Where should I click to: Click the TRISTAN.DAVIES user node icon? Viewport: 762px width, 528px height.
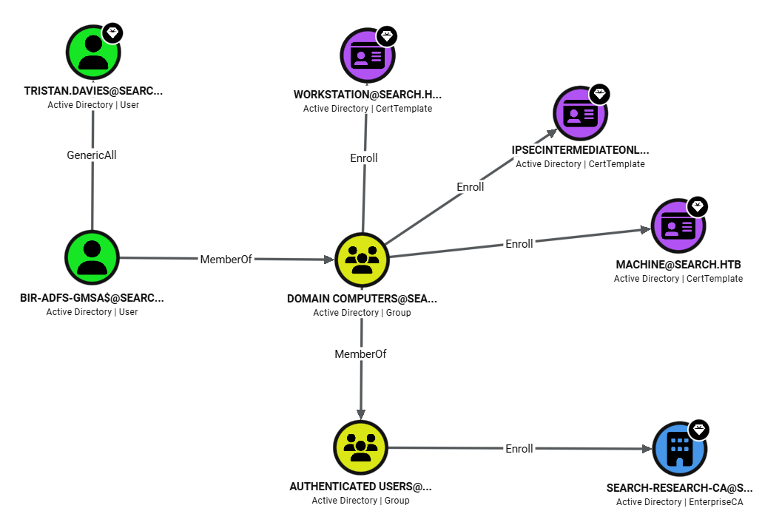(x=92, y=53)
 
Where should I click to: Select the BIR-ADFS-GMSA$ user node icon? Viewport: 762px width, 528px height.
(x=92, y=257)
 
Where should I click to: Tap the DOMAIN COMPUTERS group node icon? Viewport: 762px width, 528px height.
(x=362, y=260)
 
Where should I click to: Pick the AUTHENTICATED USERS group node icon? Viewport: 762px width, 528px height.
(x=360, y=448)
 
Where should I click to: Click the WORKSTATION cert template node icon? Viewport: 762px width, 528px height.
(x=368, y=56)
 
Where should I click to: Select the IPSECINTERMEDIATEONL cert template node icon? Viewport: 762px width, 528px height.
(x=580, y=114)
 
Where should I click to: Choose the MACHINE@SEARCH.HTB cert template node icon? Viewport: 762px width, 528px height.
(x=678, y=226)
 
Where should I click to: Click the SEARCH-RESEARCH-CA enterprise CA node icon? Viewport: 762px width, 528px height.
(x=679, y=449)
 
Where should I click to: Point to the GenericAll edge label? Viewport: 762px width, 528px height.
(x=92, y=155)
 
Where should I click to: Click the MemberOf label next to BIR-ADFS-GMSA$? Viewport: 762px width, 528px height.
(x=226, y=260)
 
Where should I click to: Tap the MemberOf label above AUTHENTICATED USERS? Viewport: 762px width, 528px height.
(x=360, y=354)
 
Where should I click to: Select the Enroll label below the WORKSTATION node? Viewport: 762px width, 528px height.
(x=364, y=158)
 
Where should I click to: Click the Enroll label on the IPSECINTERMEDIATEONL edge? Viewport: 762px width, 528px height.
(x=471, y=187)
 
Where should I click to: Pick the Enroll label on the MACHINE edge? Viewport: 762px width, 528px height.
(x=519, y=244)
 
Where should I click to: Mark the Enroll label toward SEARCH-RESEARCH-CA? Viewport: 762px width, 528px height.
(x=519, y=449)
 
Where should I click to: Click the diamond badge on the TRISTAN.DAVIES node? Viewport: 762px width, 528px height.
(x=112, y=33)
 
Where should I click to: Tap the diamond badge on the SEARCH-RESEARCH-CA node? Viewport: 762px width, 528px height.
(x=699, y=430)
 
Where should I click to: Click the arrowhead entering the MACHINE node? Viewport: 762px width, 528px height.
(x=645, y=230)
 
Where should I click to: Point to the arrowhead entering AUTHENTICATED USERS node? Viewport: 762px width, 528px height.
(x=360, y=414)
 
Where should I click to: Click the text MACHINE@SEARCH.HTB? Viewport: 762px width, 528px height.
(x=678, y=265)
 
